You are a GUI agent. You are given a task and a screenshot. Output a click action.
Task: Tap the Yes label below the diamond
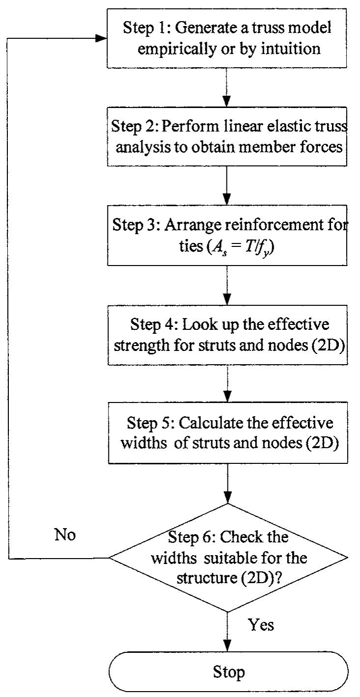coord(260,624)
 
